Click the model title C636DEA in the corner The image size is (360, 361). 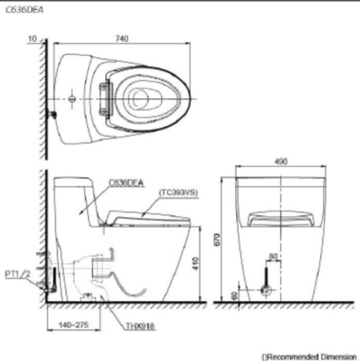click(x=19, y=9)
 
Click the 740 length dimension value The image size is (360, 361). click(x=122, y=39)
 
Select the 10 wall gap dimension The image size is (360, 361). click(x=32, y=39)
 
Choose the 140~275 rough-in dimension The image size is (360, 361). click(x=70, y=325)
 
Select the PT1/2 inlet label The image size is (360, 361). click(x=15, y=273)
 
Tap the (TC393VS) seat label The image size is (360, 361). click(x=178, y=193)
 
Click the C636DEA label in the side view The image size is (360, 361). click(x=126, y=182)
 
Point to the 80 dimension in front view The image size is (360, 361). click(x=273, y=256)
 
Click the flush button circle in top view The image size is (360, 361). click(x=73, y=99)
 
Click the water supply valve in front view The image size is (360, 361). click(x=265, y=291)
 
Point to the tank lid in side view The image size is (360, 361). click(x=75, y=181)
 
